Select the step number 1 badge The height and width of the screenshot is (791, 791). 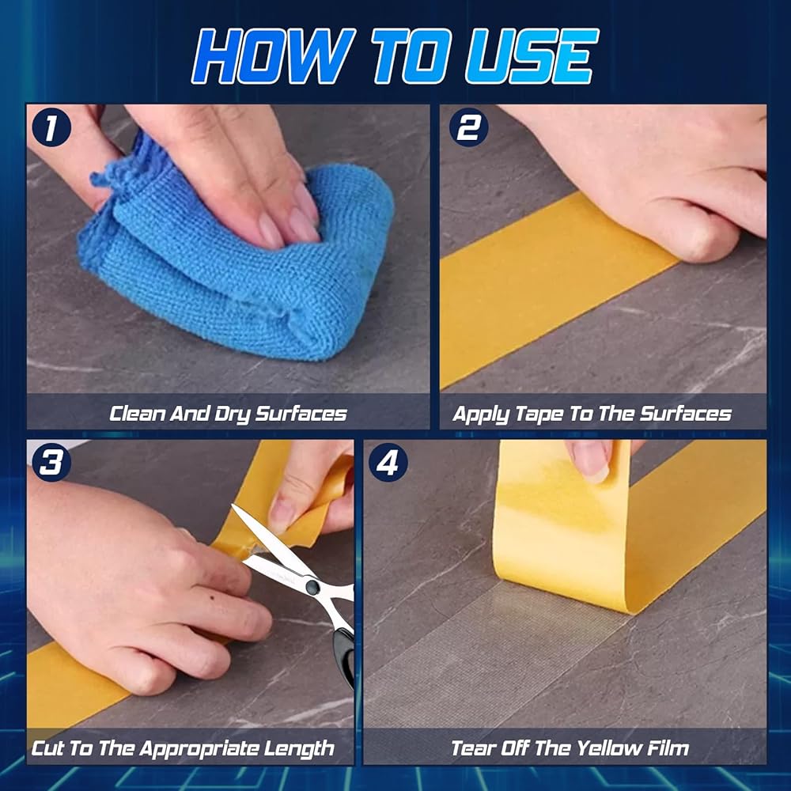click(51, 129)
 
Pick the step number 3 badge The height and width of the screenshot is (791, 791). click(51, 462)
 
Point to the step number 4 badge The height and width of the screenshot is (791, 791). click(388, 462)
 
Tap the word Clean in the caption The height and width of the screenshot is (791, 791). click(137, 414)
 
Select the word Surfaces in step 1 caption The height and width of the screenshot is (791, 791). click(301, 414)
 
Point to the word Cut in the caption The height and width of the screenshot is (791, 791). click(47, 747)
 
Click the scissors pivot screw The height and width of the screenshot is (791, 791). click(312, 585)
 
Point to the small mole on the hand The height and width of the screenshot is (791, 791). click(211, 598)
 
